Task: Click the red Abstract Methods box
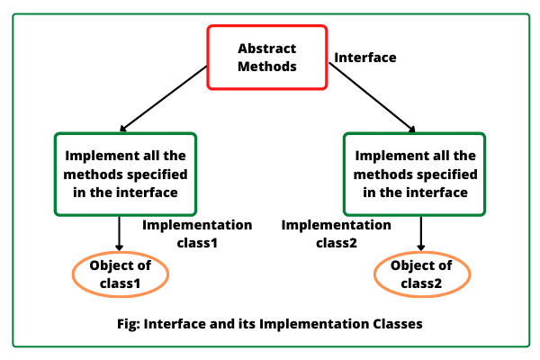tap(266, 57)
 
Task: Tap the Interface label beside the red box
tap(365, 58)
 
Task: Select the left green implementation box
tap(126, 175)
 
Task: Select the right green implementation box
tap(414, 175)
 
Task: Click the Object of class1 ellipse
tap(120, 274)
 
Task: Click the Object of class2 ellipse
tap(420, 274)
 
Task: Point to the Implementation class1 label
tap(197, 233)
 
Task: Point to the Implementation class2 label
tap(336, 233)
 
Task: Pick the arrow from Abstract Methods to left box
tap(167, 107)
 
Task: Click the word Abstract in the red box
tap(266, 48)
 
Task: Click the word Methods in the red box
tap(266, 67)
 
